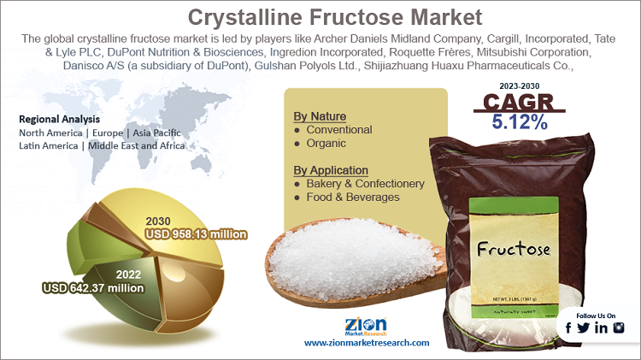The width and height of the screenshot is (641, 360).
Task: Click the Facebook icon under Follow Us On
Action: pos(568,328)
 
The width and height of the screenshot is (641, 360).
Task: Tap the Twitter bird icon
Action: pos(584,328)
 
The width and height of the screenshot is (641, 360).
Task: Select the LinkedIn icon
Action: pos(602,328)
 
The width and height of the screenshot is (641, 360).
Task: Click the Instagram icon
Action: pos(619,328)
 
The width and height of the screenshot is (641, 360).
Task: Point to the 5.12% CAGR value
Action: pos(520,122)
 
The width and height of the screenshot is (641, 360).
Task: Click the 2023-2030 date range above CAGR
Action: pos(519,86)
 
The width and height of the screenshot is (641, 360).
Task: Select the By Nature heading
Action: pos(320,116)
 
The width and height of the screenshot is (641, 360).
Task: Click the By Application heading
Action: pos(331,170)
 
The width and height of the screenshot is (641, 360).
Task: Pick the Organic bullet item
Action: pos(326,143)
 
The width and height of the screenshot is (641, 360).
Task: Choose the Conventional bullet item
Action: pos(339,130)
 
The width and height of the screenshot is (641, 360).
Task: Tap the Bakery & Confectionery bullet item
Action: pos(366,184)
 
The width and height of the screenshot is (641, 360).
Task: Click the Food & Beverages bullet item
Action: pos(353,198)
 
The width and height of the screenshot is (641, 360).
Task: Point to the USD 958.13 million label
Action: pos(197,234)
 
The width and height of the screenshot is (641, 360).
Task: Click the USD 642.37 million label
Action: pos(94,288)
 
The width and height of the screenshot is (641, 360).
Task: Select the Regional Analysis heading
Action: pos(59,119)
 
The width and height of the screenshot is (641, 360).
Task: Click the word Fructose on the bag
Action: pos(514,248)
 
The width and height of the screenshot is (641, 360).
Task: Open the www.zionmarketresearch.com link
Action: pos(367,343)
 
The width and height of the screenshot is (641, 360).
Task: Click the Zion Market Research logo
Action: pos(366,326)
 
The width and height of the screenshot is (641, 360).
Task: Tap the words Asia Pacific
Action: pos(156,133)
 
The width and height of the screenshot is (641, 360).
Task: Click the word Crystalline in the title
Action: pos(245,18)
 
